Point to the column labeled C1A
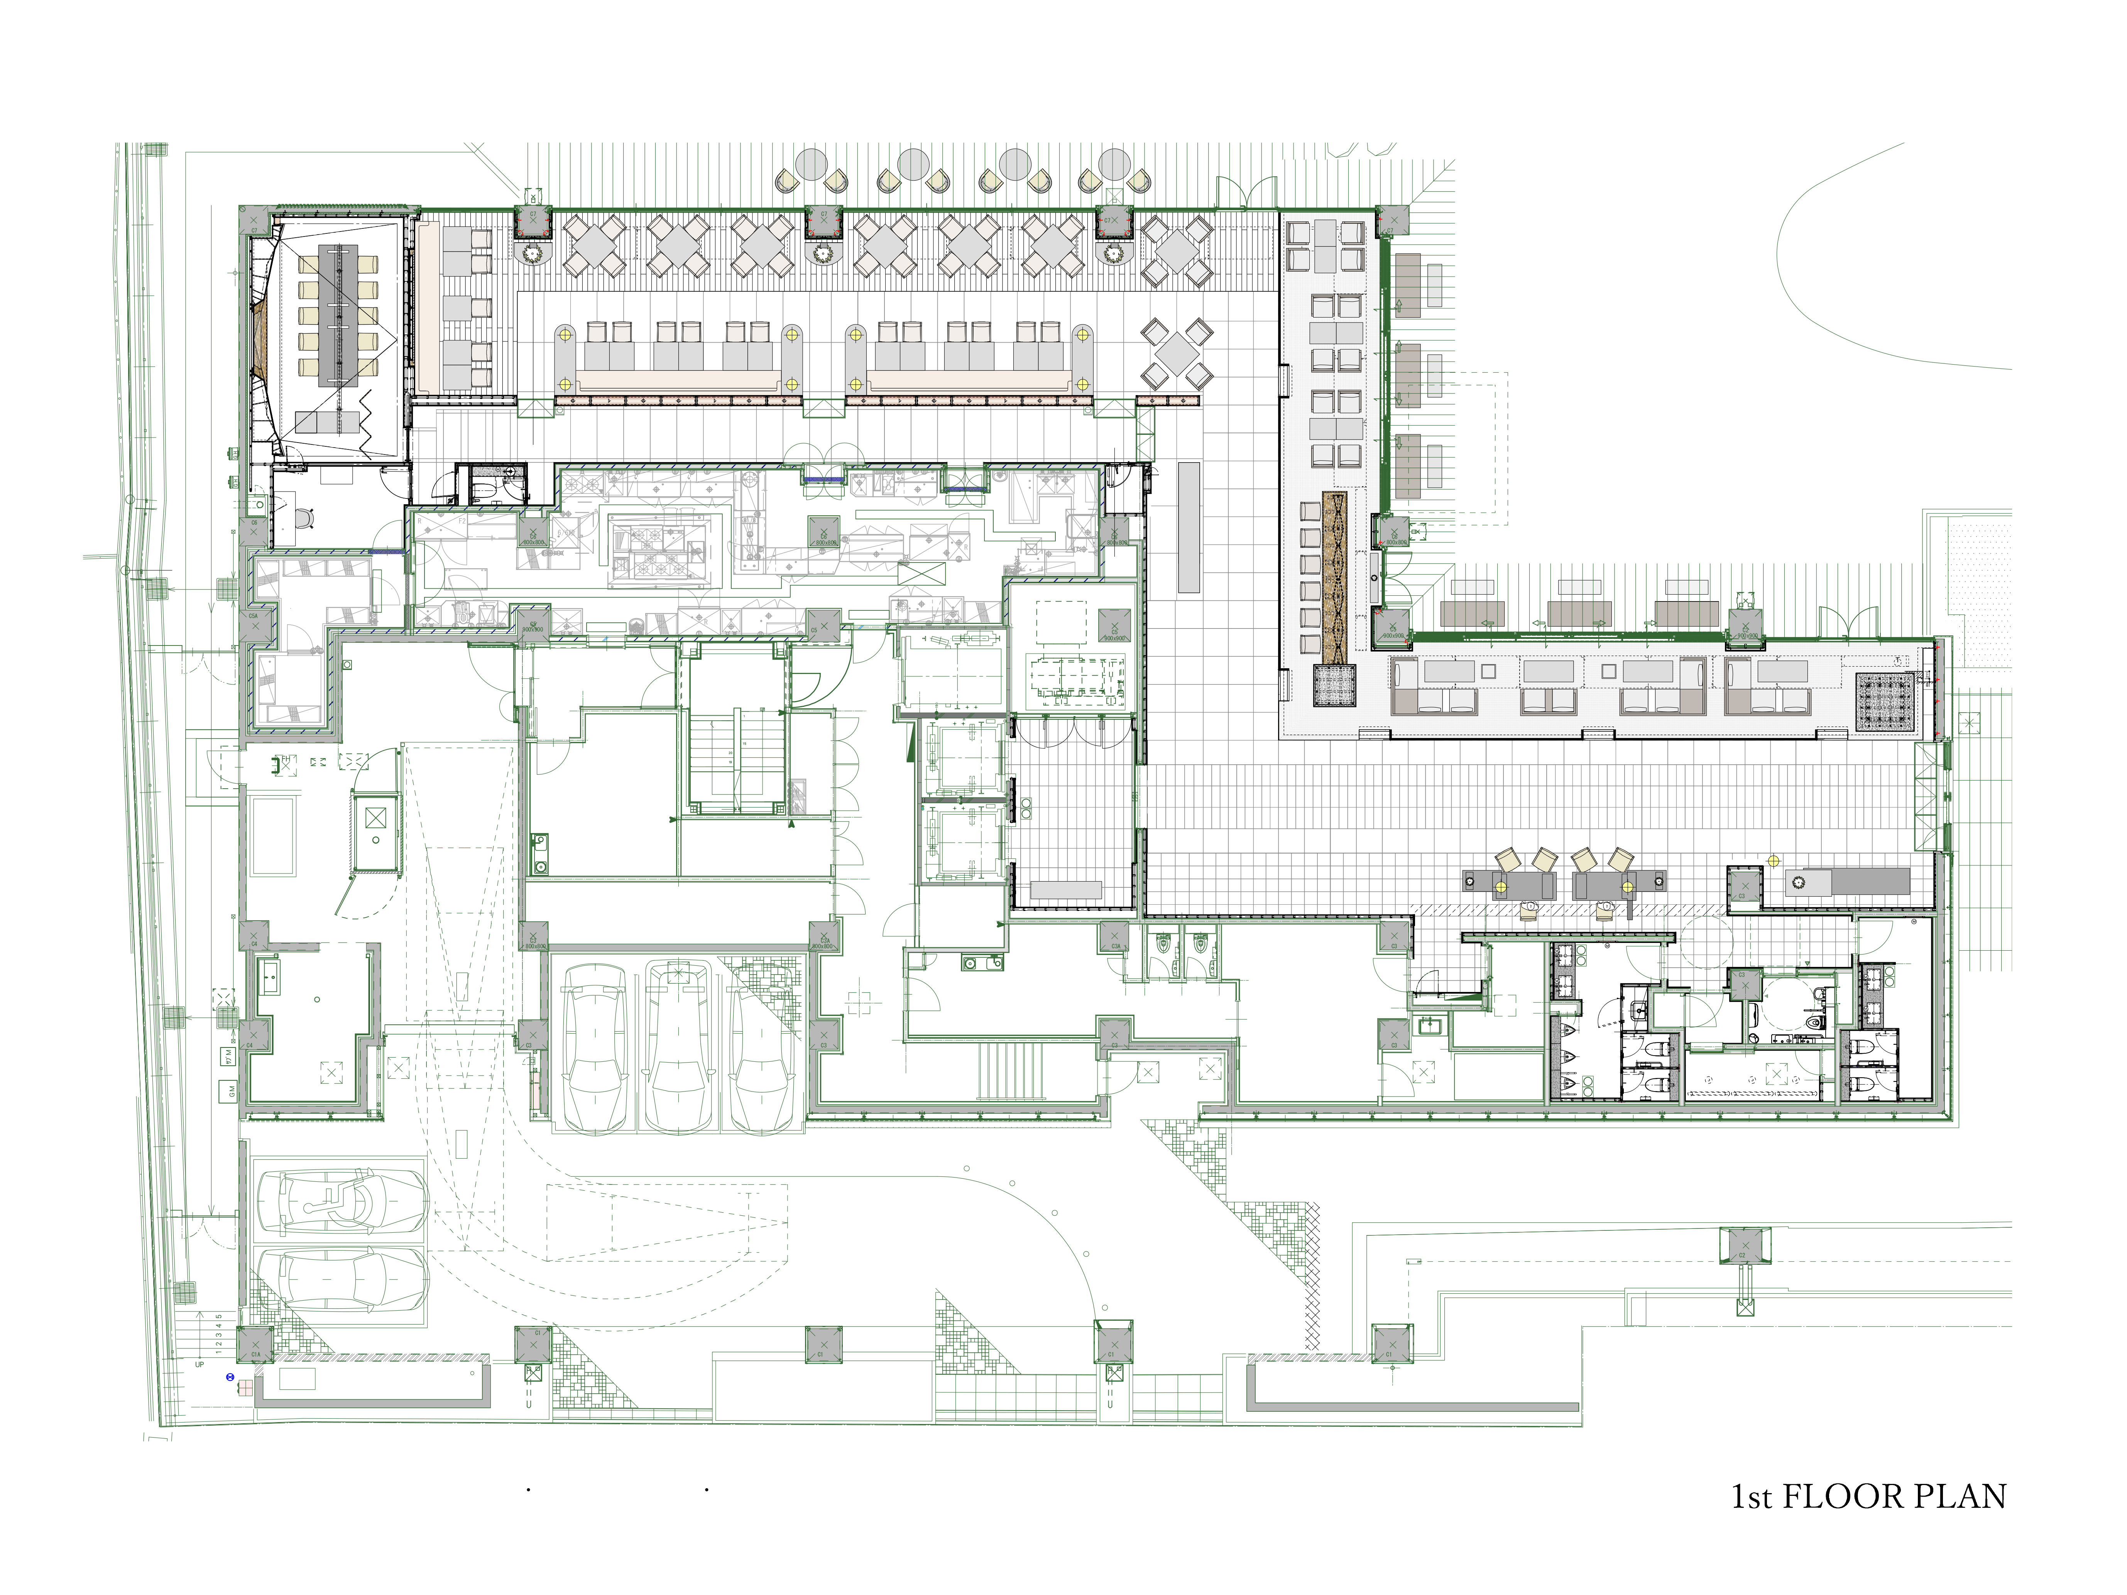pos(256,1343)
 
